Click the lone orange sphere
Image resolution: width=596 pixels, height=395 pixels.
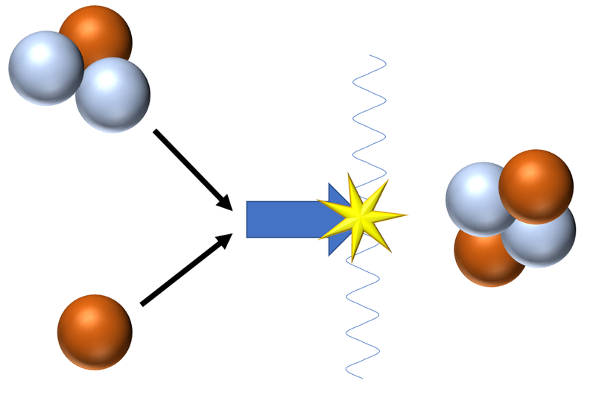coord(95,332)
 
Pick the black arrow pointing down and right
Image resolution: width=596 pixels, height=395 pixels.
coord(191,168)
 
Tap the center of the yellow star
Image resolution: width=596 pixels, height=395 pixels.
coord(360,217)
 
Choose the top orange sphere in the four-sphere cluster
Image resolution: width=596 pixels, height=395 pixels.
coord(536,185)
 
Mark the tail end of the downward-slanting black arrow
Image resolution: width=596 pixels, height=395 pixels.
coord(156,131)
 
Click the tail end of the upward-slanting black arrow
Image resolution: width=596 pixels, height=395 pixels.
coord(142,304)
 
